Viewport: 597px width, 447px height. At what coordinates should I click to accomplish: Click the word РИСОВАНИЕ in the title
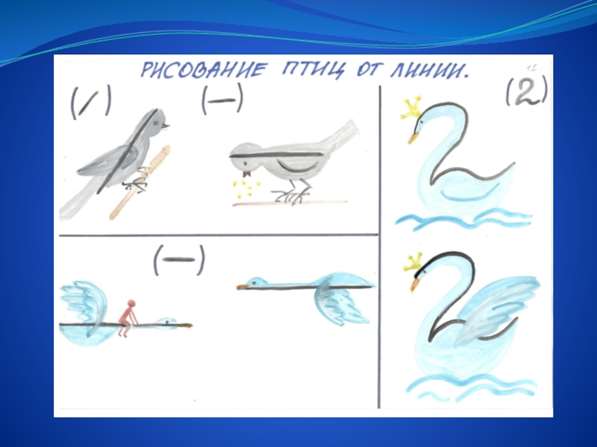[201, 70]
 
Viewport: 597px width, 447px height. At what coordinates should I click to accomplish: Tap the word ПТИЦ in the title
[311, 71]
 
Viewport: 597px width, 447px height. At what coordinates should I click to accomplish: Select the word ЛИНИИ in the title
[427, 71]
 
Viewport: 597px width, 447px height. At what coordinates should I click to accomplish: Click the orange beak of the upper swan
[414, 137]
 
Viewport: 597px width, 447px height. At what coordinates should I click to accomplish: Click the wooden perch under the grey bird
[140, 183]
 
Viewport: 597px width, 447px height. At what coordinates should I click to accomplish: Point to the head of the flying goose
[252, 283]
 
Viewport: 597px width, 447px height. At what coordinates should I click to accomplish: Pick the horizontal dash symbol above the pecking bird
[222, 101]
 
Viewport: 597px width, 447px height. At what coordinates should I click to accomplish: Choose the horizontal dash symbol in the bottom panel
[179, 259]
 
